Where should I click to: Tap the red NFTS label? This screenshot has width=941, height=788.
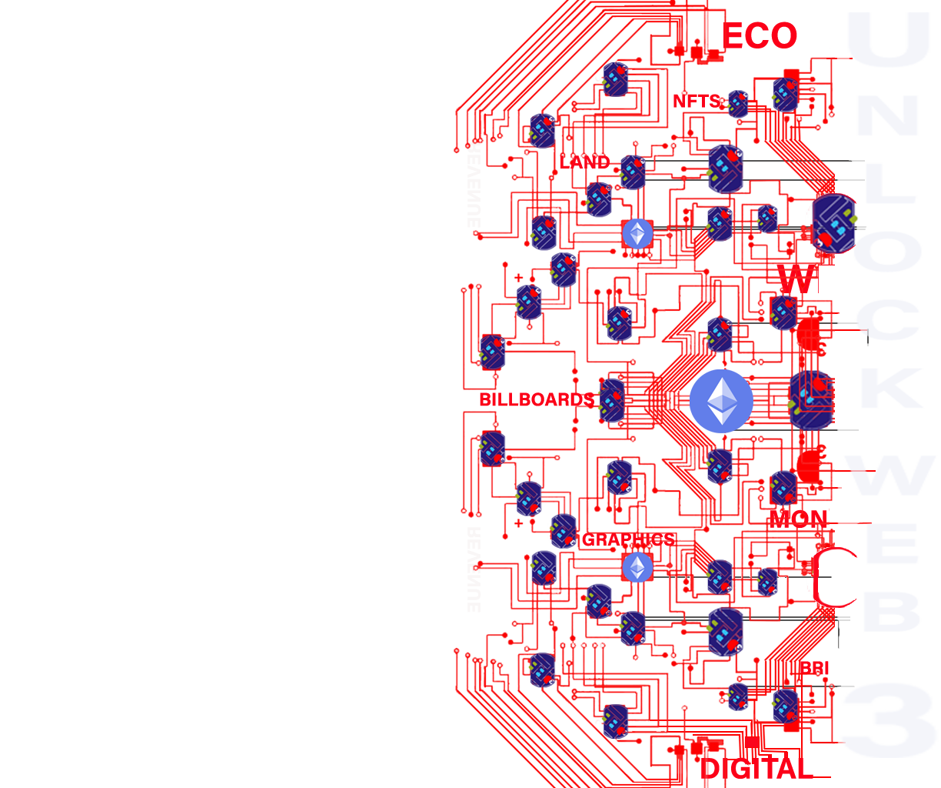tap(697, 101)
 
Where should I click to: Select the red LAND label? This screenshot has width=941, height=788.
tap(584, 162)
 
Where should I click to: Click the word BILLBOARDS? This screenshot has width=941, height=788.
tap(536, 399)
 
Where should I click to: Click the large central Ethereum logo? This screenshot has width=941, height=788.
tap(721, 400)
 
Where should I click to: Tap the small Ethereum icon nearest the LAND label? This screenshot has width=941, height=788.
tap(637, 233)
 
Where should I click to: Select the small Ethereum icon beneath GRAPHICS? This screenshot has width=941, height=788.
tap(637, 568)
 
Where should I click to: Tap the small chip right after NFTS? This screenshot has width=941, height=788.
tap(739, 104)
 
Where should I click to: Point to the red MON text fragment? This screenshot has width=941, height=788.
tap(800, 517)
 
